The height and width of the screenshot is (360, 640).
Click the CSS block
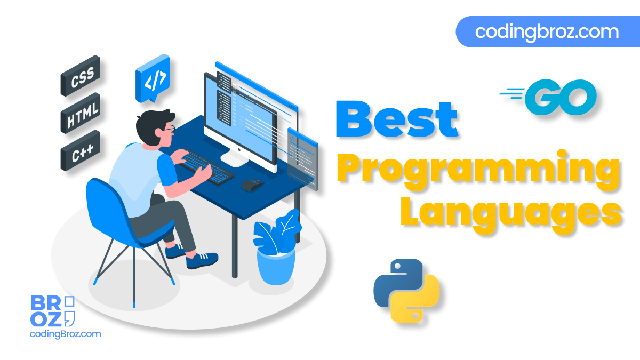click(x=81, y=76)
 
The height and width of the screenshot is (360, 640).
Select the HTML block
click(x=81, y=113)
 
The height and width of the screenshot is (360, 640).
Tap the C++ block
click(x=81, y=150)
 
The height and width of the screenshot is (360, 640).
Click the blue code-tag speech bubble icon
click(x=153, y=78)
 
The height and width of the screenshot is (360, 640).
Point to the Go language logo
click(x=549, y=97)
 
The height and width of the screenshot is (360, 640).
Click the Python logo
click(x=406, y=291)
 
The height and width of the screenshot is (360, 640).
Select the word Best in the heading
click(x=397, y=119)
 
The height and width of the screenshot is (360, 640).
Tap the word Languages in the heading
click(x=511, y=214)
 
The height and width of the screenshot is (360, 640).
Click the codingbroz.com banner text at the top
click(x=547, y=32)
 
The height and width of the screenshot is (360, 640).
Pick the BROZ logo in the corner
click(x=53, y=311)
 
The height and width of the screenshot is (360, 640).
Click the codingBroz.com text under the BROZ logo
click(x=66, y=334)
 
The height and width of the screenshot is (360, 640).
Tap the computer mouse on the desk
click(x=252, y=185)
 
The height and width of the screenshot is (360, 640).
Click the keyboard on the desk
click(x=206, y=166)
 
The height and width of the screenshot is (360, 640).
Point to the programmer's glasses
click(x=170, y=129)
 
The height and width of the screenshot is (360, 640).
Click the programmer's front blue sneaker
click(x=202, y=260)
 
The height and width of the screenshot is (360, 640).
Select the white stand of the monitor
click(x=234, y=158)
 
